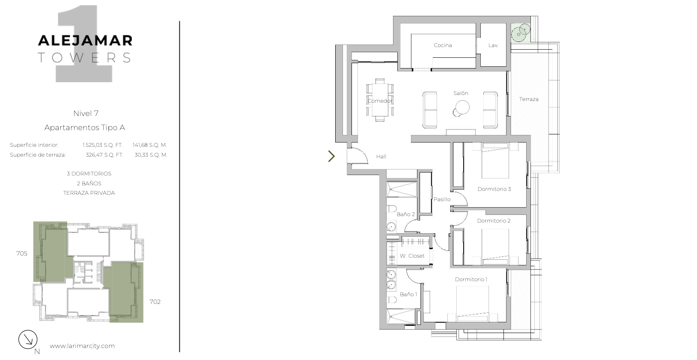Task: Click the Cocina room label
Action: point(443,45)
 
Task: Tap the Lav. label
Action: point(494,45)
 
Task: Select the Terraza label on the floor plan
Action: point(529,99)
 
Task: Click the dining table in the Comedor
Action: point(380,100)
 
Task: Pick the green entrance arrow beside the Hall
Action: point(332,156)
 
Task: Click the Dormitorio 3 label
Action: point(494,189)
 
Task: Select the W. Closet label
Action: point(412,256)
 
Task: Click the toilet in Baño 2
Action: point(391,208)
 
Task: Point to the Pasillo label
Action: point(442,199)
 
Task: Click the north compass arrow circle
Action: point(28,339)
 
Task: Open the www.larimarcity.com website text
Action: point(82,346)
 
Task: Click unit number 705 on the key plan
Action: point(22,253)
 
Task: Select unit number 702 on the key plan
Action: point(155,302)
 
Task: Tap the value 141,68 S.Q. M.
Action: point(150,145)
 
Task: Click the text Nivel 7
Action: point(86,113)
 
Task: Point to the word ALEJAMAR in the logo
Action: point(85,41)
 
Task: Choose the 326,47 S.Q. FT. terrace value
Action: point(104,155)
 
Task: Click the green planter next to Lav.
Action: point(521,33)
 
